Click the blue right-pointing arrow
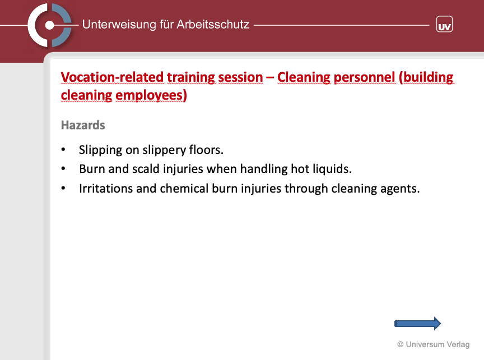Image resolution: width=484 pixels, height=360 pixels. (418, 324)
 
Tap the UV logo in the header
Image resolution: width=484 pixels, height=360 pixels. (444, 24)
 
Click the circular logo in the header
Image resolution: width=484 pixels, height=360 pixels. (49, 25)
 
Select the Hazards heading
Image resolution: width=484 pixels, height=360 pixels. (83, 125)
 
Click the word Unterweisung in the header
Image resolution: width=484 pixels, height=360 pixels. (119, 25)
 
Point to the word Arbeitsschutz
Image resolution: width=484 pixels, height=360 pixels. (213, 25)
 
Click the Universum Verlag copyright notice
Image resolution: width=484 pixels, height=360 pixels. (434, 344)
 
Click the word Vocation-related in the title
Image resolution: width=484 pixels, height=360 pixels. (112, 77)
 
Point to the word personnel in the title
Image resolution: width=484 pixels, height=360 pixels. (365, 77)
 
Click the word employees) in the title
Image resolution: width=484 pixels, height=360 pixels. (151, 95)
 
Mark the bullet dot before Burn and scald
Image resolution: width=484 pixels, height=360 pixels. (63, 169)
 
